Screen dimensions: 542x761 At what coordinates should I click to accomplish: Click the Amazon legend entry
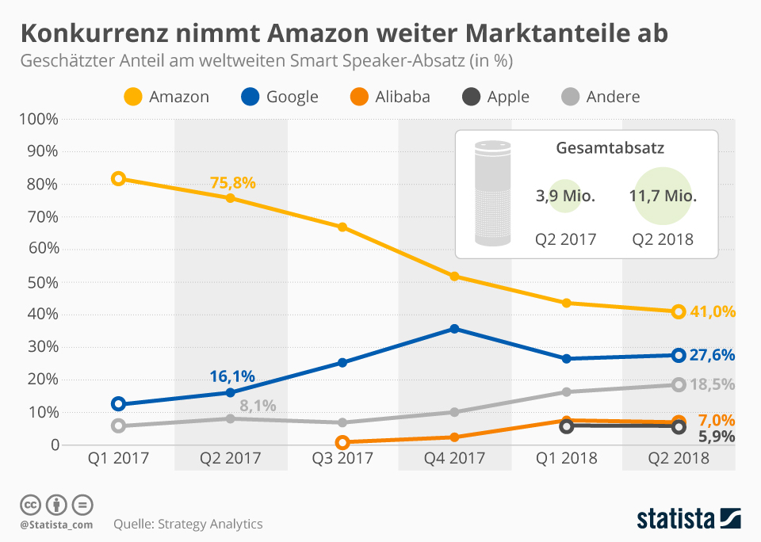point(167,97)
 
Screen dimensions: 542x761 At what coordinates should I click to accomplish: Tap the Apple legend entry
point(495,97)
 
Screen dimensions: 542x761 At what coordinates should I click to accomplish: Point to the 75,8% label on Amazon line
point(232,182)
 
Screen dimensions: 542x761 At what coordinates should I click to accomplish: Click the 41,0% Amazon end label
point(712,311)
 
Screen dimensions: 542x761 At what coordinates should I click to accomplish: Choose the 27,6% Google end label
point(712,355)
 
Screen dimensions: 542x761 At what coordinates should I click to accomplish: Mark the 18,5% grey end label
point(712,384)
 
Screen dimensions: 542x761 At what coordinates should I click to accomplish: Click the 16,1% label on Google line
point(232,377)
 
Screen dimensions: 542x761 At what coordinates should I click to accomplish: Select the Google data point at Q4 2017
point(454,328)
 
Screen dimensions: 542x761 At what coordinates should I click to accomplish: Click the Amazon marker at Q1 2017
point(118,179)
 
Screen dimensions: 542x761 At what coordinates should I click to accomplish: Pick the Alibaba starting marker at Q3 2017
point(342,442)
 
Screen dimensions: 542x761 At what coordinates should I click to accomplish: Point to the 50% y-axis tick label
point(43,282)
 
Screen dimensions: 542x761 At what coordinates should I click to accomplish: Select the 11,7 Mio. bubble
point(663,196)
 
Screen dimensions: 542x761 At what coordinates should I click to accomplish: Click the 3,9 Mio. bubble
point(565,196)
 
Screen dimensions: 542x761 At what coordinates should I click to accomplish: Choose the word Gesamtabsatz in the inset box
point(610,147)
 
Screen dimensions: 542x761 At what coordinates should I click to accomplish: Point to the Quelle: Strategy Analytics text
point(188,524)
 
